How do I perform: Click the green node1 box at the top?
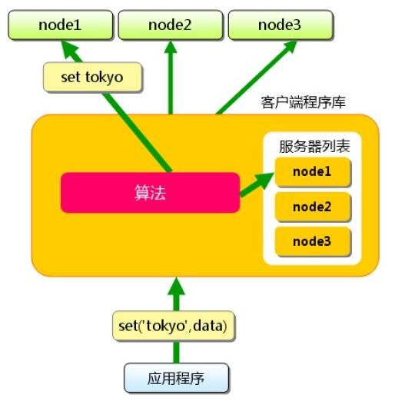click(x=59, y=25)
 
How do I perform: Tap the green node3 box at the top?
click(x=281, y=25)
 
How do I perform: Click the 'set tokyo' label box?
click(x=91, y=77)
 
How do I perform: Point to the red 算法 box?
click(x=150, y=192)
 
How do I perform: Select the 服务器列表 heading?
click(x=312, y=145)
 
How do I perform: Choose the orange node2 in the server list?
click(x=312, y=207)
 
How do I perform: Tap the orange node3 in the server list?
click(x=312, y=241)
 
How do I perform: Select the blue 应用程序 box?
click(x=176, y=377)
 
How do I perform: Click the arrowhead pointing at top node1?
click(x=70, y=49)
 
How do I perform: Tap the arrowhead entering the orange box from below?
click(x=176, y=286)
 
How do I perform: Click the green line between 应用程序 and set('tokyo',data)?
click(x=176, y=352)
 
